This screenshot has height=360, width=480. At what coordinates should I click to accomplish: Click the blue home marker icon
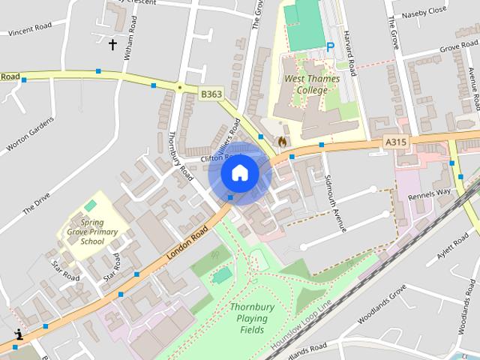[x=240, y=173]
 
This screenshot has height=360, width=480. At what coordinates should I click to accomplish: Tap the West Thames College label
[x=311, y=84]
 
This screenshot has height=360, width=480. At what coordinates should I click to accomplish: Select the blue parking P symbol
[x=330, y=47]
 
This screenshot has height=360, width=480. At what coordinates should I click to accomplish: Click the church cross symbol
[x=113, y=45]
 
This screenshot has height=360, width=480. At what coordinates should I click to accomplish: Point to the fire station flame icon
[x=282, y=140]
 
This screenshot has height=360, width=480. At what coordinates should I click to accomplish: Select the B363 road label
[x=211, y=94]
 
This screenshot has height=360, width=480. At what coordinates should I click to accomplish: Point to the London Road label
[x=185, y=245]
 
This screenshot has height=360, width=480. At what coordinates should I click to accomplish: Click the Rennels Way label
[x=430, y=192]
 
